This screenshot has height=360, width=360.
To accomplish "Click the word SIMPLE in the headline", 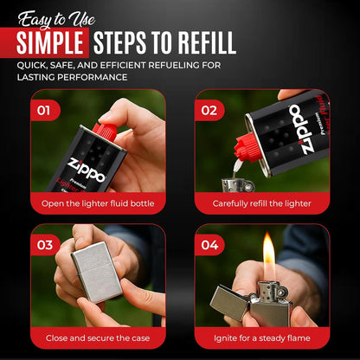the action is coord(49,43).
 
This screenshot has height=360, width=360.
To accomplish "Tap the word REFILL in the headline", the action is coord(207,43).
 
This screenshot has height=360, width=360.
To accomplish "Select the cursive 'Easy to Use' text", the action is coord(56,20).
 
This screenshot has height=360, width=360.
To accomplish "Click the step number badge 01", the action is coord(44,111).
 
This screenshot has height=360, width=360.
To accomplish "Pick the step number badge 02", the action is coord(209,111).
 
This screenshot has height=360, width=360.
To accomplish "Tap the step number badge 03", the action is coord(44,245).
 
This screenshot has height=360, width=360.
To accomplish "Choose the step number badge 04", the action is coord(209,245).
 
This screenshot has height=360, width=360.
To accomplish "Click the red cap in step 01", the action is coord(105,132).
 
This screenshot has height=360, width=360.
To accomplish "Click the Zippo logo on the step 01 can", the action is coord(87,170).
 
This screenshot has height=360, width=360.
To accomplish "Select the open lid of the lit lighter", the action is coord(230,302).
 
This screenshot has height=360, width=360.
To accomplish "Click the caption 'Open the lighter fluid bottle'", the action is coord(98,203).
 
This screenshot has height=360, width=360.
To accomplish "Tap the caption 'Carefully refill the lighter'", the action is coord(262,203).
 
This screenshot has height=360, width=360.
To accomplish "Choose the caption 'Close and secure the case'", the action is coord(98,338).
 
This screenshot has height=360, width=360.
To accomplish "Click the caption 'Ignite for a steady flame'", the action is coord(262,338).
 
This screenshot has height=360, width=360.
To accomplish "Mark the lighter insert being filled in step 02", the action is coord(238,185).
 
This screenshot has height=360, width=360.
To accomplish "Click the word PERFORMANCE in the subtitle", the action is coord(93,77).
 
